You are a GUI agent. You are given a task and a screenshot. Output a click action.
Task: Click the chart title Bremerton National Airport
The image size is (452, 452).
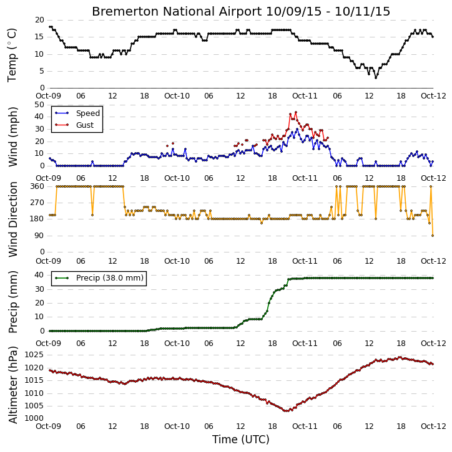[x=177, y=11]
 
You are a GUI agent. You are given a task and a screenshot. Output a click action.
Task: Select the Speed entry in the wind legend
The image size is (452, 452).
[x=77, y=113]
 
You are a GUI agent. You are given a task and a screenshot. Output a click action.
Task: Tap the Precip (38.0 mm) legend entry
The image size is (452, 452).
[x=99, y=278]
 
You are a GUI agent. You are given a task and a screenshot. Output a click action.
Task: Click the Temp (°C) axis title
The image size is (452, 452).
[x=12, y=55]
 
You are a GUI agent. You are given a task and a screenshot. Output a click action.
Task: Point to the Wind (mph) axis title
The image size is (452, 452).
[x=12, y=137]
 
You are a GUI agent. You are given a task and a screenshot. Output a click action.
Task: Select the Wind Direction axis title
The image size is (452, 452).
[x=13, y=219]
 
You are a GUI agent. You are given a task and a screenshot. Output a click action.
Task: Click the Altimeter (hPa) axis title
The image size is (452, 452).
[x=12, y=385]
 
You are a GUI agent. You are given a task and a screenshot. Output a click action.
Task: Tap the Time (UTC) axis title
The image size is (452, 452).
[x=241, y=440]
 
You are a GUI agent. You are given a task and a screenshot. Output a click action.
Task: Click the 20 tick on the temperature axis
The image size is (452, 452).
[x=39, y=20]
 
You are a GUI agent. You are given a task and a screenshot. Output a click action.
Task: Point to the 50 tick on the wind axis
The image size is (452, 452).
[x=39, y=105]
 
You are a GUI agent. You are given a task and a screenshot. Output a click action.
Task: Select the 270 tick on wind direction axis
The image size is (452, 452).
[x=37, y=203]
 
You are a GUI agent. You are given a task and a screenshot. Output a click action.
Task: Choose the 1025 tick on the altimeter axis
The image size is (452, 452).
[x=34, y=355]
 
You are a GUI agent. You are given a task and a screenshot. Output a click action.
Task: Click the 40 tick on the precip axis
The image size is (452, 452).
[x=39, y=275]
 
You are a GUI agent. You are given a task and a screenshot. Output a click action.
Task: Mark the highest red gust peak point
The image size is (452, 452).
[x=295, y=112]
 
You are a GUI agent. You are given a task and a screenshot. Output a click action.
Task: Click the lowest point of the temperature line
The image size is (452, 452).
[x=376, y=78]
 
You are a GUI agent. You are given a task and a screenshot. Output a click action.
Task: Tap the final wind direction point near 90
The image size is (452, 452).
[x=433, y=236]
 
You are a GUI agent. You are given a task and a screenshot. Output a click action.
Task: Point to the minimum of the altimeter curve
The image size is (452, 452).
[x=286, y=411]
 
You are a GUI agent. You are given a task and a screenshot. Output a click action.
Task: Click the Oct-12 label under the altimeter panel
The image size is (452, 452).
[x=433, y=426]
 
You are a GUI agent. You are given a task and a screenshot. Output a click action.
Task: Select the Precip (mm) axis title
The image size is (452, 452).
[x=12, y=302]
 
